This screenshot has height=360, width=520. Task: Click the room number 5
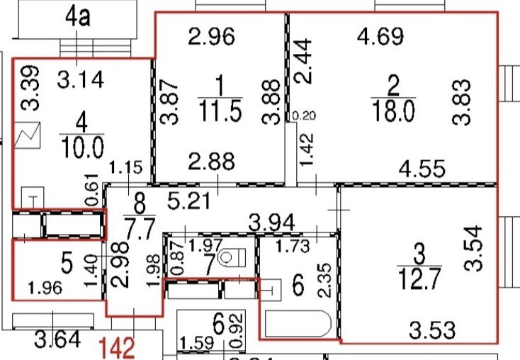[x=67, y=264]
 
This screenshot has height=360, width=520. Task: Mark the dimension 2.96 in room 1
[x=211, y=36]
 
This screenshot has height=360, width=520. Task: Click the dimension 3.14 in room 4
[x=81, y=79]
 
